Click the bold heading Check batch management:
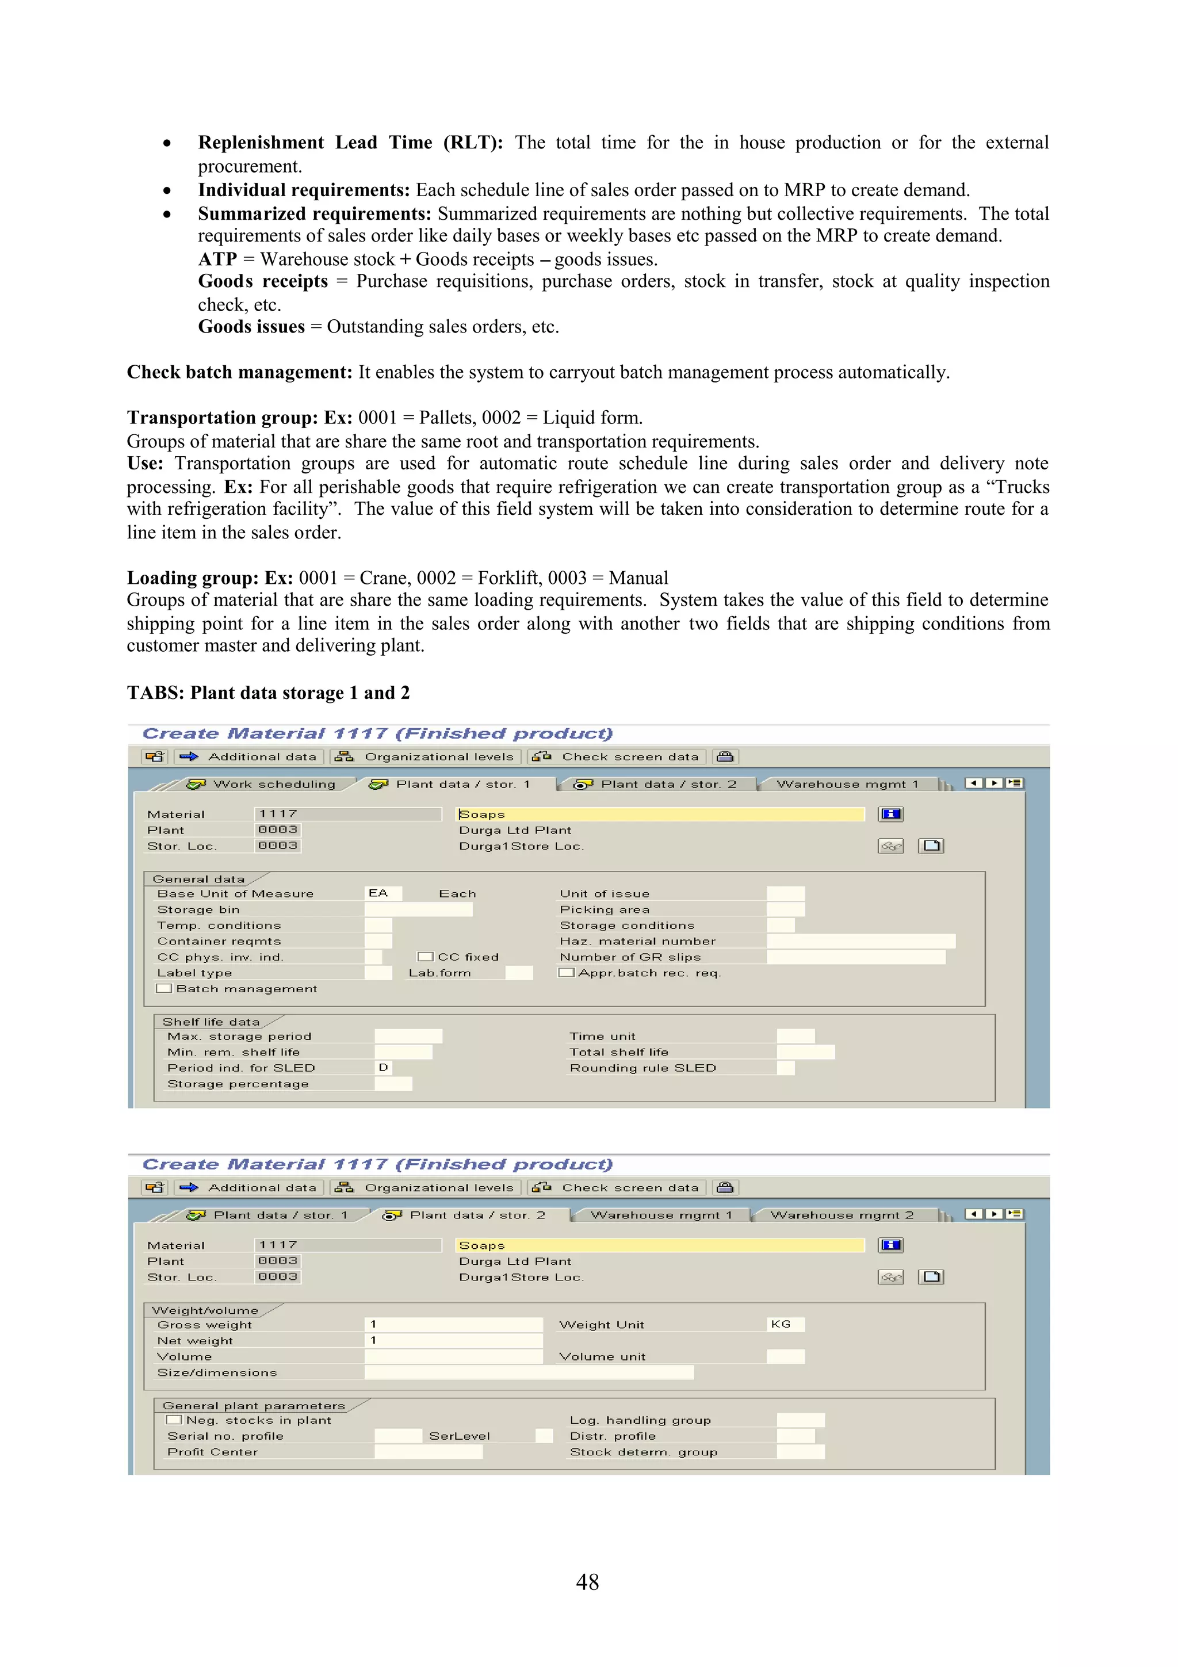239,373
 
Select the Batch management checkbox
165,988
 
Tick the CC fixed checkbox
426,957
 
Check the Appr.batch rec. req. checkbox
566,973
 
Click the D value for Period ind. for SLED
383,1067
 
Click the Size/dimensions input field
529,1372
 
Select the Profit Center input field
428,1451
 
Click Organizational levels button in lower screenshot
426,1188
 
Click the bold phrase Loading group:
192,578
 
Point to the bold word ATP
218,259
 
